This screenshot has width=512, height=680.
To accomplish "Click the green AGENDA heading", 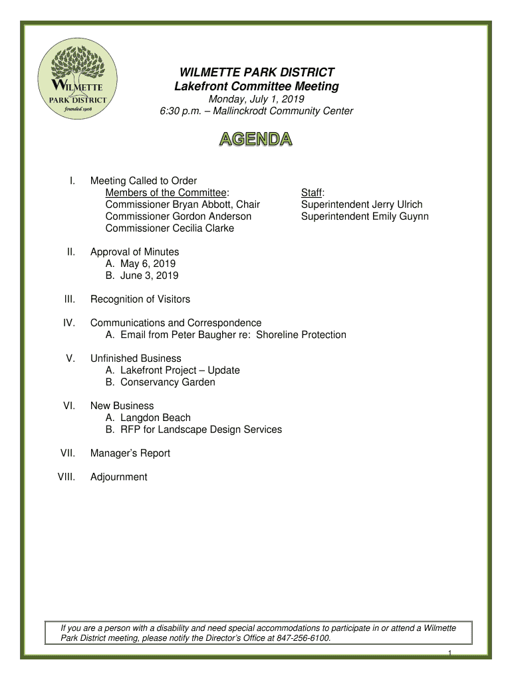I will click(x=256, y=140).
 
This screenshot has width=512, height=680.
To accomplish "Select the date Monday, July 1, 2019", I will click(x=256, y=99).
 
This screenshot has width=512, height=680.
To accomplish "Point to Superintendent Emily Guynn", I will click(x=364, y=216).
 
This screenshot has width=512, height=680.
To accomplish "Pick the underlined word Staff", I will click(x=311, y=193).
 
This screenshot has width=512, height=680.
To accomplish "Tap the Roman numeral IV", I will click(x=68, y=323).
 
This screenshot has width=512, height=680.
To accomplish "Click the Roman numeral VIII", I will click(x=66, y=477).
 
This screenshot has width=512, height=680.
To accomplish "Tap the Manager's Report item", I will click(x=130, y=453).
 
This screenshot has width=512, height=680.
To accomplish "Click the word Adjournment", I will click(x=119, y=477).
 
